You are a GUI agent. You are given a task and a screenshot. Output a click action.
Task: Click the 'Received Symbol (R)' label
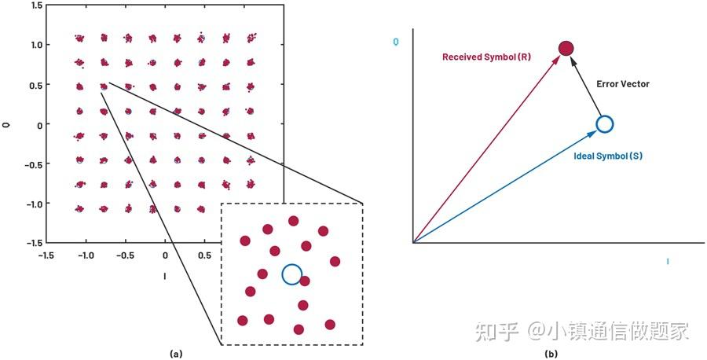pyautogui.click(x=486, y=57)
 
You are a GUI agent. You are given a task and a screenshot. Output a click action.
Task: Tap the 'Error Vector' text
pyautogui.click(x=623, y=84)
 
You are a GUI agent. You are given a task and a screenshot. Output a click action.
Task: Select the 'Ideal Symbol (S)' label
pyautogui.click(x=608, y=156)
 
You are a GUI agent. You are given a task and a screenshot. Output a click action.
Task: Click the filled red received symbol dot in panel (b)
pyautogui.click(x=566, y=48)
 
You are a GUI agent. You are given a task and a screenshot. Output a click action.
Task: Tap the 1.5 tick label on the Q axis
pyautogui.click(x=36, y=5)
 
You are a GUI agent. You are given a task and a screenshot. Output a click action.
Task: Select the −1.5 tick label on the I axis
pyautogui.click(x=46, y=255)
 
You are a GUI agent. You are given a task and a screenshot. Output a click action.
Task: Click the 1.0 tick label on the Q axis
pyautogui.click(x=36, y=45)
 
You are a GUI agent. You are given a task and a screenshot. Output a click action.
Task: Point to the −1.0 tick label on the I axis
pyautogui.click(x=85, y=255)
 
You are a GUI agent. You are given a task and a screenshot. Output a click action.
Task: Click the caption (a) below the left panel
pyautogui.click(x=175, y=354)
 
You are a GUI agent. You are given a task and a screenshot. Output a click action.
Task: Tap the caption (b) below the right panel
pyautogui.click(x=551, y=354)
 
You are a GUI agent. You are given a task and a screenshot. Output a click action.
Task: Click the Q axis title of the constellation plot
pyautogui.click(x=5, y=124)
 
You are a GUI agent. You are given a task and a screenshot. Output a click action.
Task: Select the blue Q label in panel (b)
pyautogui.click(x=396, y=42)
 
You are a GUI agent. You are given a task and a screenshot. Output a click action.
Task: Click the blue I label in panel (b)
pyautogui.click(x=667, y=262)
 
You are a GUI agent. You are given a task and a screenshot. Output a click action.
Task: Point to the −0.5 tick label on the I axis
pyautogui.click(x=125, y=255)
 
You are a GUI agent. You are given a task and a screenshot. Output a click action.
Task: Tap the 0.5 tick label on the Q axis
pyautogui.click(x=36, y=84)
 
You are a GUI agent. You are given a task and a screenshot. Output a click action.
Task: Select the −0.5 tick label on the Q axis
pyautogui.click(x=34, y=163)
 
